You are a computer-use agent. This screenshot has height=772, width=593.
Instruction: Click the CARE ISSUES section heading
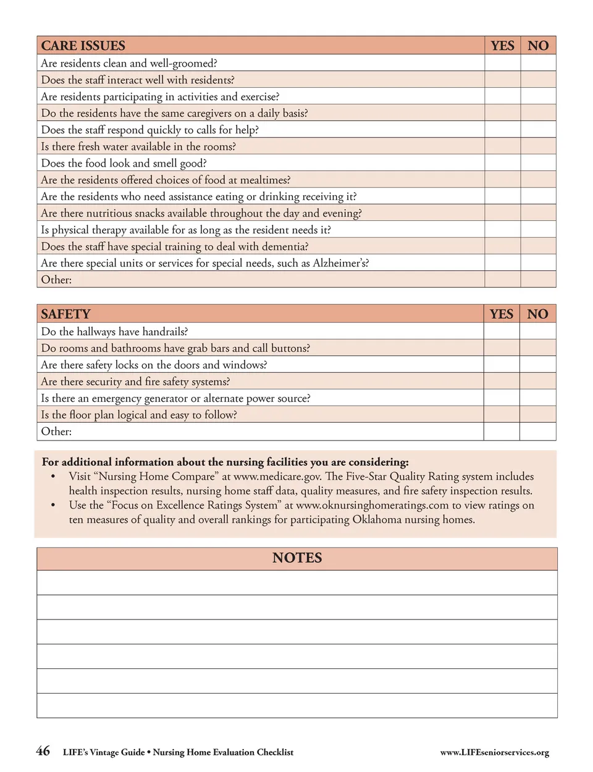coord(83,46)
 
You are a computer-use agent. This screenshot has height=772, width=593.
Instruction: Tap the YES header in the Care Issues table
coord(502,46)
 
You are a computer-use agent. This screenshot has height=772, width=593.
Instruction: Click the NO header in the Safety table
coord(537,314)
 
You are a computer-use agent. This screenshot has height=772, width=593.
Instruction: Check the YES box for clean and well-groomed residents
coord(502,63)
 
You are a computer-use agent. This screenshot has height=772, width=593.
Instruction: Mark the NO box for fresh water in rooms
coord(538,146)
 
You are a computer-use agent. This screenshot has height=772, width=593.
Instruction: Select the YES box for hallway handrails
coord(502,331)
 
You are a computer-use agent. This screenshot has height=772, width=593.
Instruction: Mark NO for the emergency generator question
coord(537,398)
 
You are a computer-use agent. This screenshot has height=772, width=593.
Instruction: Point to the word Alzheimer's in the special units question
coord(340,263)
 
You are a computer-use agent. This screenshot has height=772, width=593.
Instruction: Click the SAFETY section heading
coord(65,314)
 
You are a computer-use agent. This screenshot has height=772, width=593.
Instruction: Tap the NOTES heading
coord(297,558)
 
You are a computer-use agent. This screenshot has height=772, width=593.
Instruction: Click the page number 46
coord(43,751)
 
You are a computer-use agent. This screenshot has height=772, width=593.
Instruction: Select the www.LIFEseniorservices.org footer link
coord(494,752)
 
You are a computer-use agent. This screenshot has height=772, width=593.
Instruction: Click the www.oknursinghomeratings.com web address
coord(372,505)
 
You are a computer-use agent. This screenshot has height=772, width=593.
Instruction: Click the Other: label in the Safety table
coord(56,431)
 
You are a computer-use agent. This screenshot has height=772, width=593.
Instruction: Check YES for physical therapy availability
coord(502,230)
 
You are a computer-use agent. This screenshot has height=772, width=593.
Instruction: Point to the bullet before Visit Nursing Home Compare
coord(54,476)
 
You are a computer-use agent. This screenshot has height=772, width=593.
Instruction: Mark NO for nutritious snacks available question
coord(538,213)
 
